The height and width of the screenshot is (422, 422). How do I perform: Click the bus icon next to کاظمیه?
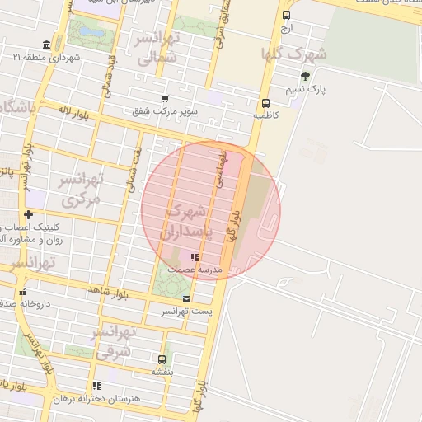pos(265,104)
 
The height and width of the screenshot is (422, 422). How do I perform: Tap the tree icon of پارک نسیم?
pos(306,76)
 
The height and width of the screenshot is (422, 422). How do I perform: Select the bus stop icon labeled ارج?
pos(286,15)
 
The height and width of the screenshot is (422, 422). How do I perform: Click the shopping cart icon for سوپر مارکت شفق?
pos(165,99)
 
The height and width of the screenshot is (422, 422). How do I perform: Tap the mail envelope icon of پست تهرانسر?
pos(186,298)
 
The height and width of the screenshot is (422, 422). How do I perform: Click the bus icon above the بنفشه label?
pos(162,359)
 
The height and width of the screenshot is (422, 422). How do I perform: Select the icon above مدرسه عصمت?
pos(195,257)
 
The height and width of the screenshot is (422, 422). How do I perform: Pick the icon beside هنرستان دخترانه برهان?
pos(96,386)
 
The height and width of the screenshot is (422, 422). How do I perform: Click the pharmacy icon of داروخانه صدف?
pos(22,292)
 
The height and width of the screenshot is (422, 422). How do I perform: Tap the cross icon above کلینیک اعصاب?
pos(28,214)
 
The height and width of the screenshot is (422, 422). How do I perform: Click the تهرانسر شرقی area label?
pos(112,342)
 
